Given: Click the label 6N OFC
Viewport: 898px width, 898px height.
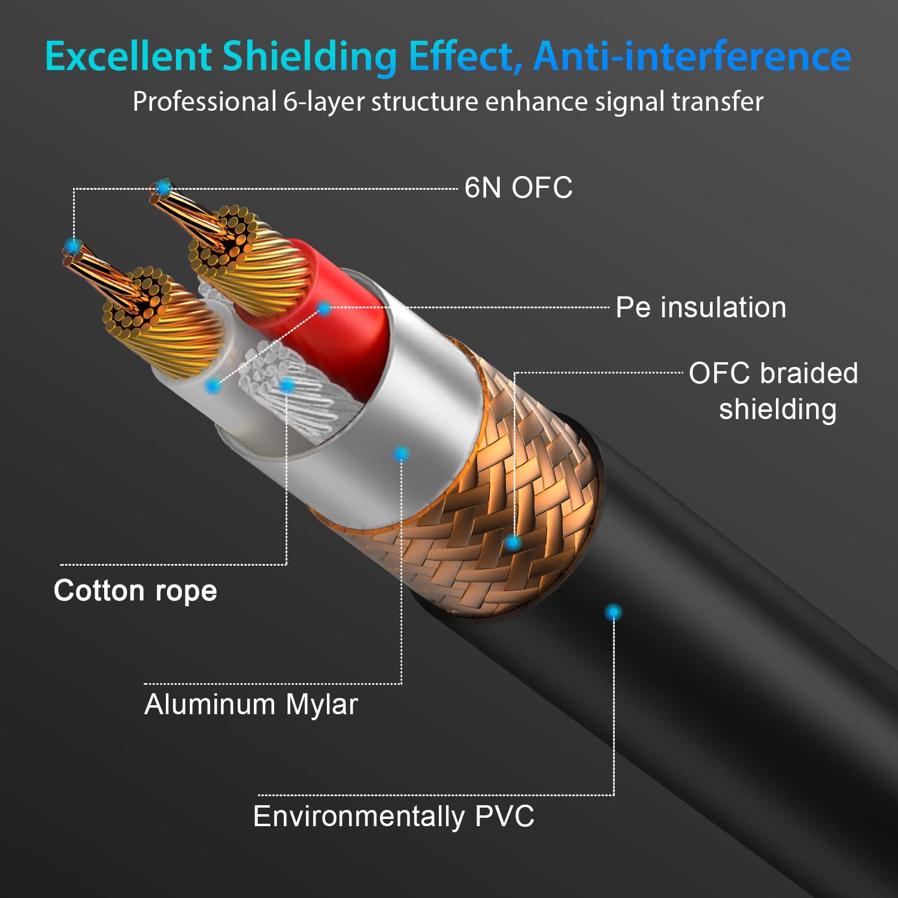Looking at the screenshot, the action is pos(518,187).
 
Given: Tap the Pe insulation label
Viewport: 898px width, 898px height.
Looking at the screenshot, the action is pos(701,307).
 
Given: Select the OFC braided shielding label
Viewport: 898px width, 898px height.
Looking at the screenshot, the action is pos(773,391).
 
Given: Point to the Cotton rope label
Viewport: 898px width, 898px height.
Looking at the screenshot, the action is pos(135,591).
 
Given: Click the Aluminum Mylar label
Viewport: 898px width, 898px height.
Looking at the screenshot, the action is pos(251,704).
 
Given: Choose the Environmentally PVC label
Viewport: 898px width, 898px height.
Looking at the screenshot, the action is pos(393,817).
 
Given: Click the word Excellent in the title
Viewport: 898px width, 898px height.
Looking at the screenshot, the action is pos(128,56).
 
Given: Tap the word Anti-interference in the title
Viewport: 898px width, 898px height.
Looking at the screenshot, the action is pos(692,56).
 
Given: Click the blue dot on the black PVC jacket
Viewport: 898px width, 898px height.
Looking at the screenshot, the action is pos(613,612).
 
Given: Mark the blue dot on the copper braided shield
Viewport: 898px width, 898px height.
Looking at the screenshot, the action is pos(512,543).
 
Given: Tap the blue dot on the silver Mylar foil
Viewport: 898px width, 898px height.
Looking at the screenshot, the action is pos(401,454).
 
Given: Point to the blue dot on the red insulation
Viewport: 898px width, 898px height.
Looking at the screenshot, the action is pos(324,309).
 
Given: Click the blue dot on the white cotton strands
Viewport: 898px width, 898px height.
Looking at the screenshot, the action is pos(287,386).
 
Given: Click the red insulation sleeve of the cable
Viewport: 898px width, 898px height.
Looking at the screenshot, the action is pos(335,323).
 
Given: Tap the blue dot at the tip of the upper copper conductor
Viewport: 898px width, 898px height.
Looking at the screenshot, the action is pos(163,188).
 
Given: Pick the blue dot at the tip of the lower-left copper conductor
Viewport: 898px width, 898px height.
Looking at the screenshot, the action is pos(73,246).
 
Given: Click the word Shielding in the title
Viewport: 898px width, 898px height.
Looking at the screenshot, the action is pos(310,56).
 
